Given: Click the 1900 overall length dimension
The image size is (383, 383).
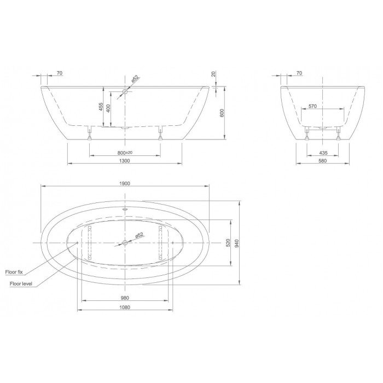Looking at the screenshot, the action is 125,183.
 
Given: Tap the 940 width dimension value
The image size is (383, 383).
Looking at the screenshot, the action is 237,243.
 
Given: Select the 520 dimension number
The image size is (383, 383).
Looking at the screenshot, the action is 228,243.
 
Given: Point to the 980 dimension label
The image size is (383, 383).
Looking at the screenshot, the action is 125,298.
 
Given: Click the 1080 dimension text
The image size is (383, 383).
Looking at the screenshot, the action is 125,307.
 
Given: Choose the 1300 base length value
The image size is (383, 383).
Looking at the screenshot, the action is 125,161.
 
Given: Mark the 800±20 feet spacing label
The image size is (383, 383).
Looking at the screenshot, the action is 125,153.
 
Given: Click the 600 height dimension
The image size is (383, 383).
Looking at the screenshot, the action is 222,113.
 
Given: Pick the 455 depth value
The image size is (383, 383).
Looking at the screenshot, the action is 101,107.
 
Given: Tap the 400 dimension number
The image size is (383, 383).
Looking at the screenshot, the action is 108,108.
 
